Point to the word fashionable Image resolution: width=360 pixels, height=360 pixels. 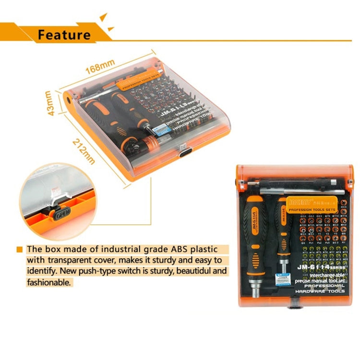[49, 283]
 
